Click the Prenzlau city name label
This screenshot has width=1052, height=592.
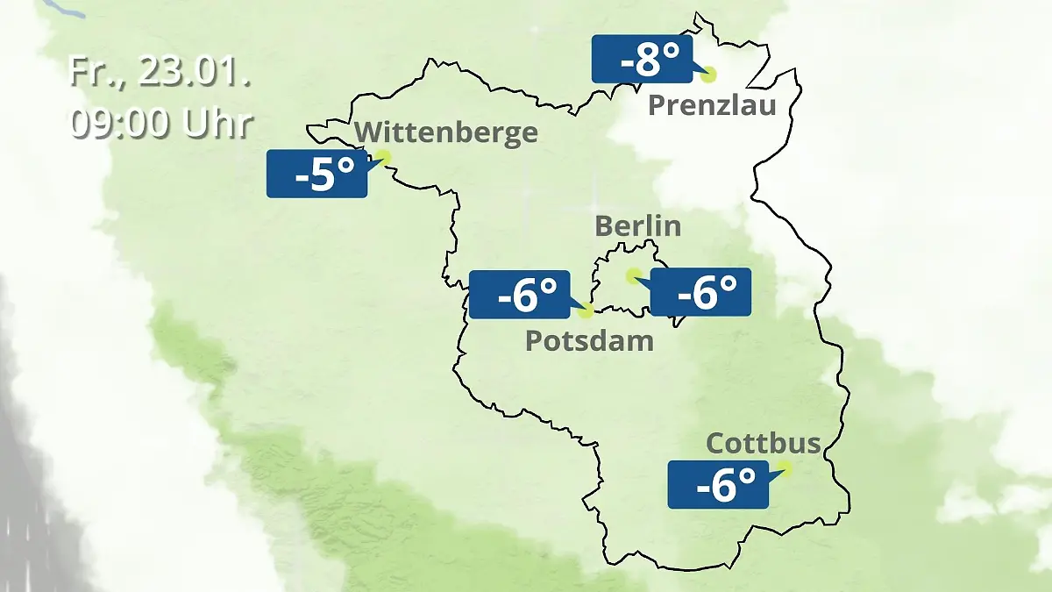tap(712, 106)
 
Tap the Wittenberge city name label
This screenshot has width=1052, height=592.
tap(447, 132)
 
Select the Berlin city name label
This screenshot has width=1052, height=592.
tap(637, 225)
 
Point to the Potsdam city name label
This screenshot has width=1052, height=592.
tap(589, 340)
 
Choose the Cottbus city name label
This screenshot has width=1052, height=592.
tap(764, 443)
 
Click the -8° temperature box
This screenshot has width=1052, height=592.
tap(642, 60)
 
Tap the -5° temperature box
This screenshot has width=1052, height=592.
tap(316, 174)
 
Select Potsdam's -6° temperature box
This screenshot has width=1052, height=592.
tap(520, 295)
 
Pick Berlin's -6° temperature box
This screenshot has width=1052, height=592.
tap(700, 292)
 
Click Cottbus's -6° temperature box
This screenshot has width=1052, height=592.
tap(718, 484)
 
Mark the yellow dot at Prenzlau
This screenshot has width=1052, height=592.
tap(707, 75)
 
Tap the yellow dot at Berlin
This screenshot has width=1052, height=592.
tap(632, 275)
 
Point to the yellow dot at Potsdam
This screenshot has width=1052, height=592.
tap(586, 310)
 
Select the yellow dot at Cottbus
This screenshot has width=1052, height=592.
tap(784, 468)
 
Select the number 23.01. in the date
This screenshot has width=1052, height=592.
tap(194, 72)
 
